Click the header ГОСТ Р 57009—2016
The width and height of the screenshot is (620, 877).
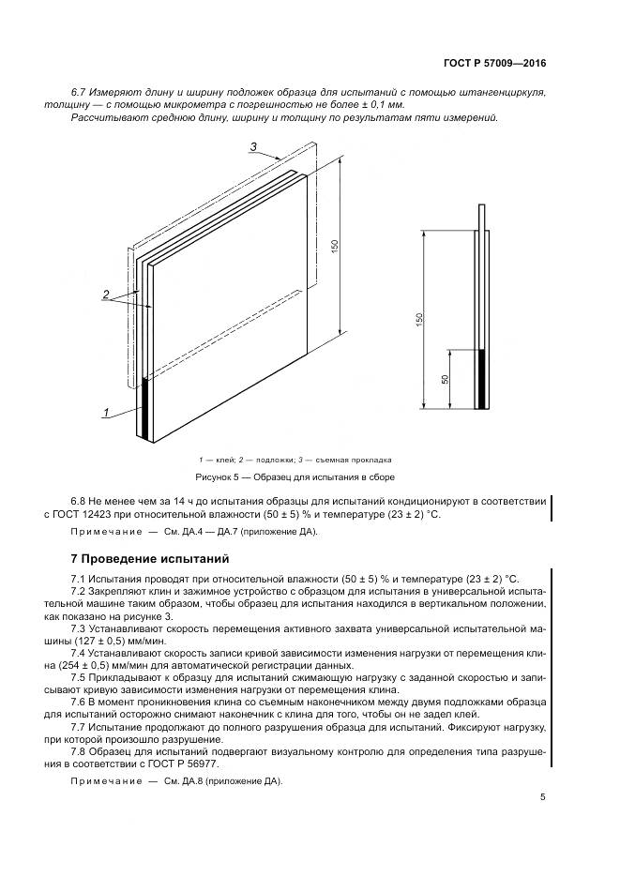click(493, 64)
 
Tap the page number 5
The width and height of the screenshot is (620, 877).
click(543, 797)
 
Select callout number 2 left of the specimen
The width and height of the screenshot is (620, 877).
click(108, 295)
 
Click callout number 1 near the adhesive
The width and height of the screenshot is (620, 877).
click(107, 412)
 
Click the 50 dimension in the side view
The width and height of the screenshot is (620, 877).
click(444, 379)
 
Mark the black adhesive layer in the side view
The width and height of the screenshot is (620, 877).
click(482, 379)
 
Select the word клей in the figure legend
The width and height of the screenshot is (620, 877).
click(222, 460)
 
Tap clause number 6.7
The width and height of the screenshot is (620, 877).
click(79, 92)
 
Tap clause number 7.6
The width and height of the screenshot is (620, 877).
click(79, 702)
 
